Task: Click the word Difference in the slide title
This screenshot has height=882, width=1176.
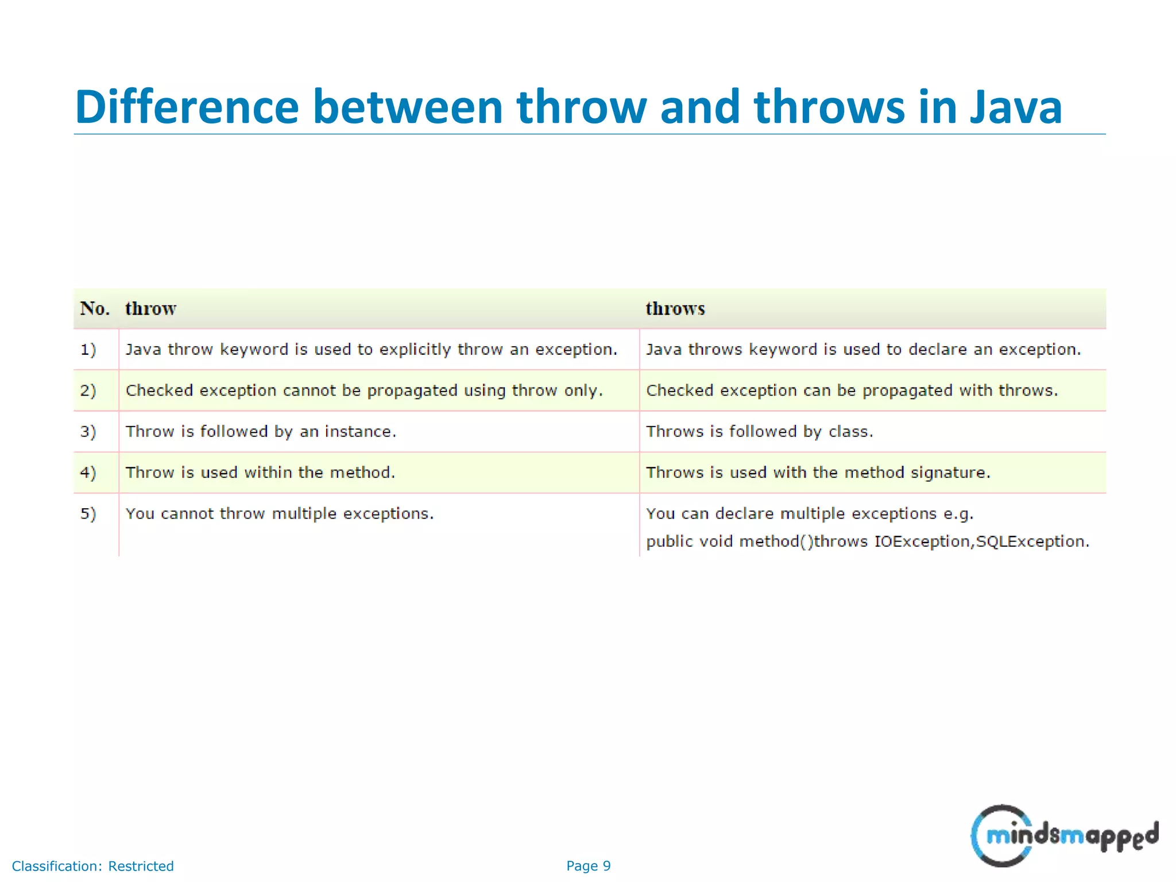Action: (x=187, y=107)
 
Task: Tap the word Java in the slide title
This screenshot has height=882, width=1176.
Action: (x=1016, y=107)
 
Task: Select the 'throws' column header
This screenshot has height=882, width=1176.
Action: (x=675, y=309)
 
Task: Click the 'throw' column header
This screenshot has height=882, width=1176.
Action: (x=150, y=309)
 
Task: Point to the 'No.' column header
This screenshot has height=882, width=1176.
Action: (x=95, y=309)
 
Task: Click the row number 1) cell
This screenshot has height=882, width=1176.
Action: (x=88, y=349)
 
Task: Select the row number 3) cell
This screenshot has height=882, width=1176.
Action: (x=88, y=431)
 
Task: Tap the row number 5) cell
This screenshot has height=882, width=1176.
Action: (x=88, y=513)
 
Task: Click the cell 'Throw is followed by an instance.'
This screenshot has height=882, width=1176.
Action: (x=261, y=431)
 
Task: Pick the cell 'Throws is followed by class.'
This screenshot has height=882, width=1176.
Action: (x=759, y=431)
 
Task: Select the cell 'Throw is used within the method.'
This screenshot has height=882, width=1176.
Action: (x=260, y=473)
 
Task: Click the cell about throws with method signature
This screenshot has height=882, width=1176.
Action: (x=818, y=473)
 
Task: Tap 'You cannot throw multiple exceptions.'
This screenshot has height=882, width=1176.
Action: (x=280, y=513)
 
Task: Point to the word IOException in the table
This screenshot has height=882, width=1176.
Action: (x=921, y=541)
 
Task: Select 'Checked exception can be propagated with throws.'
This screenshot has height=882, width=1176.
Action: (x=852, y=390)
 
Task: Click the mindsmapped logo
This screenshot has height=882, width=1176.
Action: (x=1063, y=835)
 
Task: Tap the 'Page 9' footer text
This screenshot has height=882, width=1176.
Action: (x=588, y=866)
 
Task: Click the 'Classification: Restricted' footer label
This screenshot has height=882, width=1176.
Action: (x=92, y=866)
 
